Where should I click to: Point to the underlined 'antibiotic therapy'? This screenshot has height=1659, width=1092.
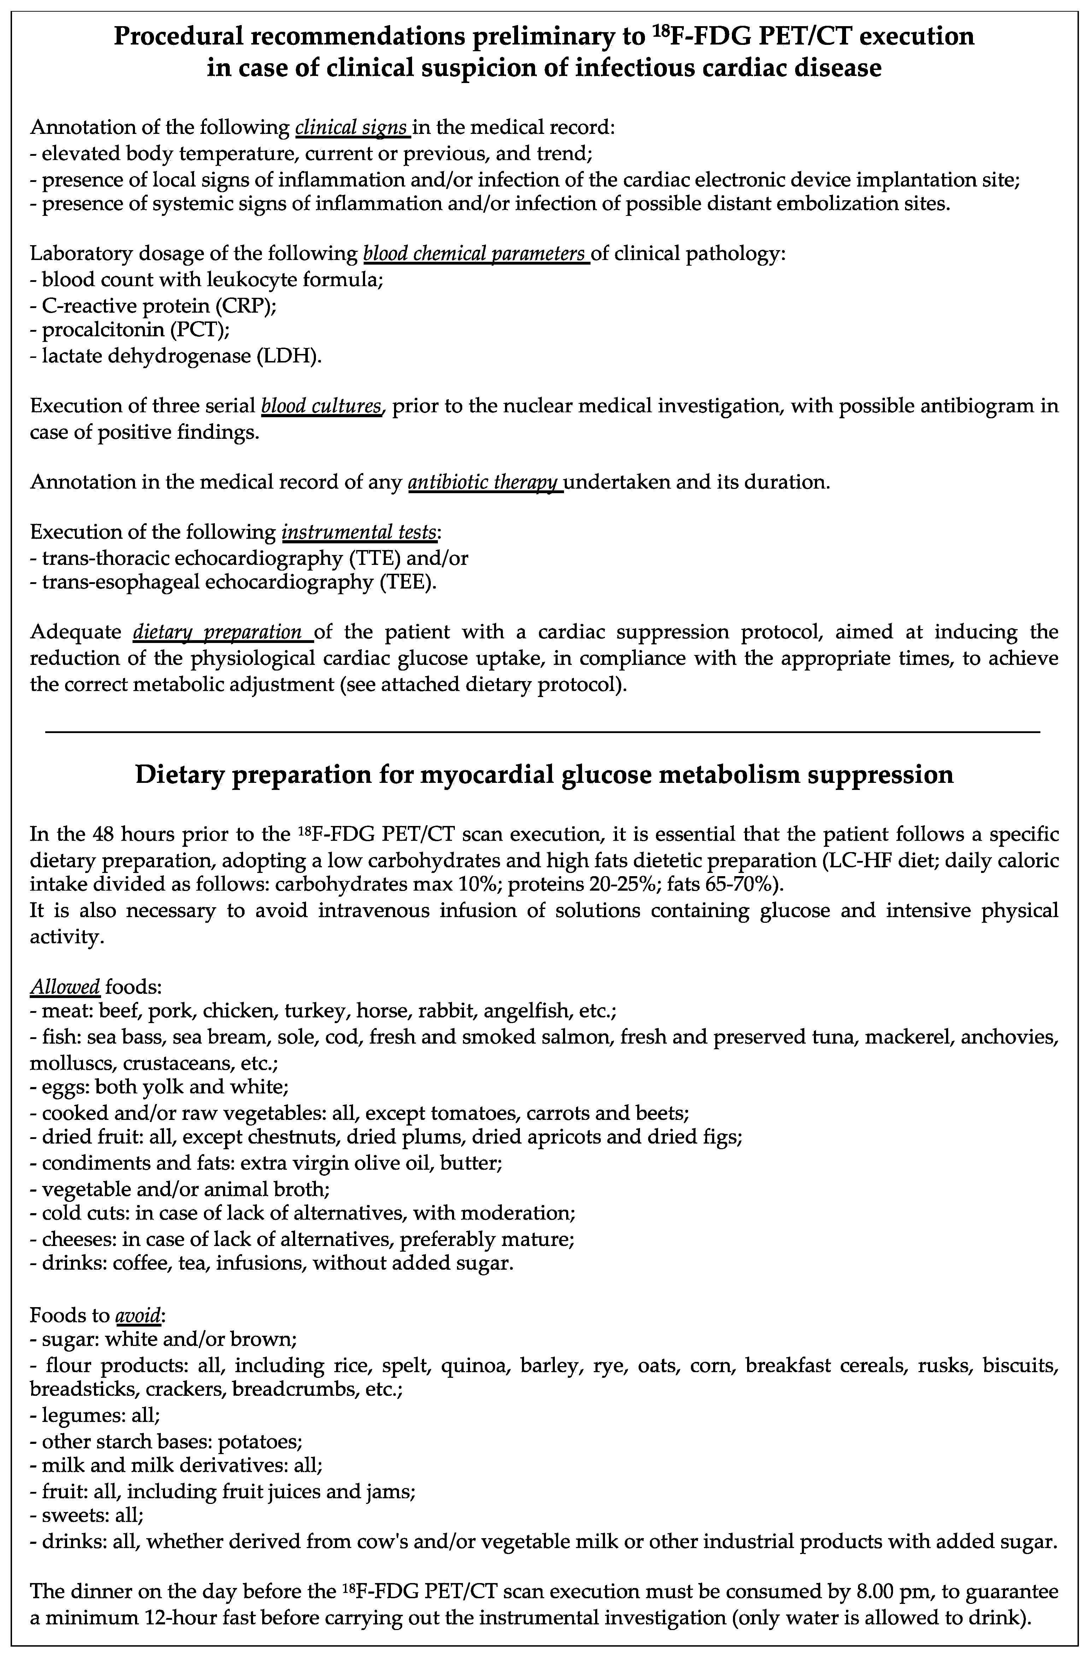coord(485,482)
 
